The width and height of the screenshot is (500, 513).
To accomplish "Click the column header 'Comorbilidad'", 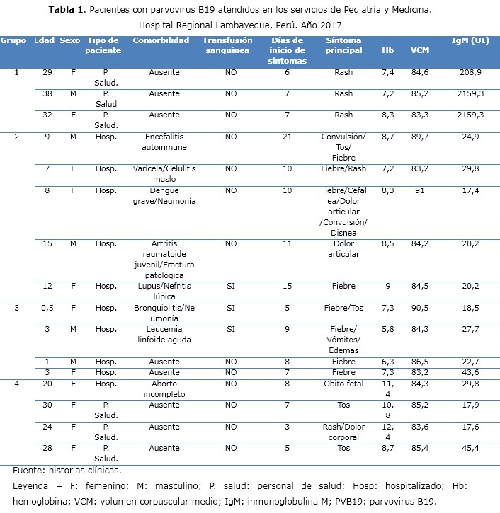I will (x=161, y=40).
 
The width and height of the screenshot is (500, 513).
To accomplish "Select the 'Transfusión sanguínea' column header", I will (x=227, y=45).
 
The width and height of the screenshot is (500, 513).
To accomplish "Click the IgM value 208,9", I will (x=471, y=73).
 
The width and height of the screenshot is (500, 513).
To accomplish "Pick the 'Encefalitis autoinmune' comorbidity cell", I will (x=164, y=142).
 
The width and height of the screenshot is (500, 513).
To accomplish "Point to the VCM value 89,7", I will (x=419, y=137).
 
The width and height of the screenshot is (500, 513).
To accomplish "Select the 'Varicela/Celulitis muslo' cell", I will (x=164, y=173).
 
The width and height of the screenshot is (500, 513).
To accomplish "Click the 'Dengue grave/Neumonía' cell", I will (x=164, y=195).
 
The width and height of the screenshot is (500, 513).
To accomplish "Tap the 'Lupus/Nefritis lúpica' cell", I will (x=164, y=291).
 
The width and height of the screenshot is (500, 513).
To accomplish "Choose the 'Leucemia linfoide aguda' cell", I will (x=164, y=334).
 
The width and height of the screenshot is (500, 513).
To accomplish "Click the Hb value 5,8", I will (x=388, y=329).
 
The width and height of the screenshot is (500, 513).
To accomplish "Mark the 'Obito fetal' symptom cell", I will (x=343, y=384).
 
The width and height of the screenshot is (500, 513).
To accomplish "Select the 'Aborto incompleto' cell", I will (x=164, y=389).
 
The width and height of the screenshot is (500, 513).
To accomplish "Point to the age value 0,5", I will (x=47, y=308).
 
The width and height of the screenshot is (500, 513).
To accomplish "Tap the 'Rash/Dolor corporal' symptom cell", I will (x=343, y=432).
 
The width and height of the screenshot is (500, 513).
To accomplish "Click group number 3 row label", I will (x=16, y=308).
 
